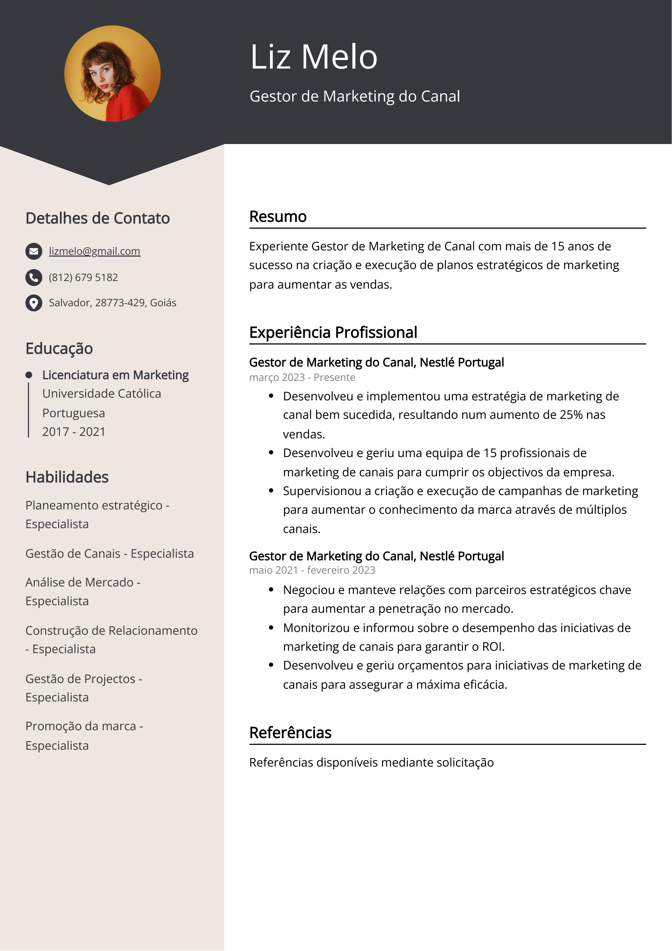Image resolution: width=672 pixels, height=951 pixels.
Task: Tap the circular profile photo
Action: [x=112, y=74]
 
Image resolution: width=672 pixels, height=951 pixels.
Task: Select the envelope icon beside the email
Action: [x=34, y=251]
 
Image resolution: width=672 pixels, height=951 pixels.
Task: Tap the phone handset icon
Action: [x=34, y=277]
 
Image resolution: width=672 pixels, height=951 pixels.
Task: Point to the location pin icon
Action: [x=34, y=303]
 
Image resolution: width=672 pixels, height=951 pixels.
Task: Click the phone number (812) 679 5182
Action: [x=83, y=277]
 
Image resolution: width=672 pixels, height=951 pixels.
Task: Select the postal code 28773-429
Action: [x=120, y=303]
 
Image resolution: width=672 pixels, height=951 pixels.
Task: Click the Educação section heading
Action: [x=59, y=348]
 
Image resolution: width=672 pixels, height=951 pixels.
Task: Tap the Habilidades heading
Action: [x=67, y=477]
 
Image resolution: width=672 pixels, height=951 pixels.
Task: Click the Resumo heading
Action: [x=278, y=217]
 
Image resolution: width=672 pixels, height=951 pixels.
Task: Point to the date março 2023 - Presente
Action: [x=302, y=377]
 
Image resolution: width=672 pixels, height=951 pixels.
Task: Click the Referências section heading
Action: [x=290, y=733]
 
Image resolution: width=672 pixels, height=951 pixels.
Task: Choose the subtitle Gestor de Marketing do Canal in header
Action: [x=354, y=96]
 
